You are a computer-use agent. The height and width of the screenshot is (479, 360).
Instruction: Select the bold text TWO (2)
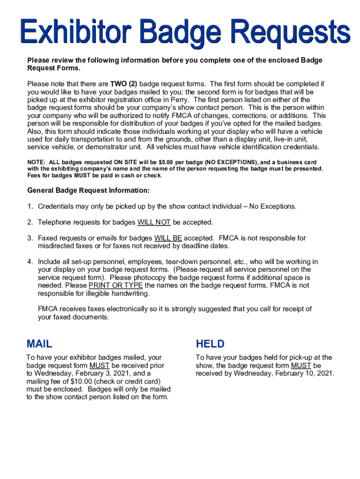(123, 84)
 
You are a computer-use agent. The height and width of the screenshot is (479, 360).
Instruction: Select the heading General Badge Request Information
(88, 191)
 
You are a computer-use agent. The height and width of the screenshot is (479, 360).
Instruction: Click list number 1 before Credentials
(30, 206)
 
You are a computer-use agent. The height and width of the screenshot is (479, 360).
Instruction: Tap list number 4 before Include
(30, 261)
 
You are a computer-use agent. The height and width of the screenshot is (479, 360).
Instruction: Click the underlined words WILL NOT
(154, 222)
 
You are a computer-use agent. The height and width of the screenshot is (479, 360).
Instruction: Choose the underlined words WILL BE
(168, 238)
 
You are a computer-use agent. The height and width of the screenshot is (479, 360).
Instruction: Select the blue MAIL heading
(40, 344)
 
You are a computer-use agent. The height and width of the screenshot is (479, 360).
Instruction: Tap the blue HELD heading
(210, 344)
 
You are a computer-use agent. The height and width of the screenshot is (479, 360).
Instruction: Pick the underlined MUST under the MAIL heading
(100, 365)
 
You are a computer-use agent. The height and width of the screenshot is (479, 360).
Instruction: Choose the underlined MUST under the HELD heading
(301, 365)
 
